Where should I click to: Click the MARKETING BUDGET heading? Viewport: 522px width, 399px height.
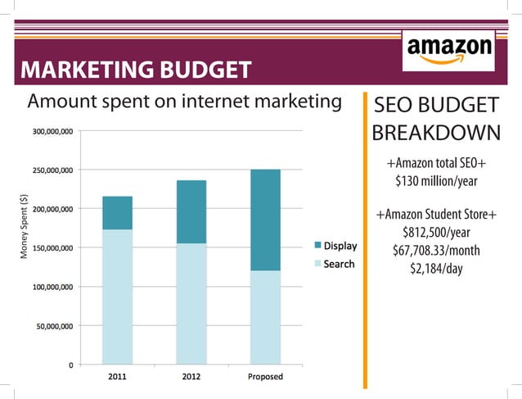135,70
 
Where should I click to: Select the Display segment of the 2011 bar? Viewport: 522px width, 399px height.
117,213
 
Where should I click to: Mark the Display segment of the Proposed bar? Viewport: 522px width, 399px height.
264,220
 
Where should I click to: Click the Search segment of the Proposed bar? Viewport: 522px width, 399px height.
264,317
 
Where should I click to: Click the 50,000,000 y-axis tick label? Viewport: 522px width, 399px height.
55,326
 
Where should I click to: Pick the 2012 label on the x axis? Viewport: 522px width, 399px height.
191,377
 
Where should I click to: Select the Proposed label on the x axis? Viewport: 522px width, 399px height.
264,377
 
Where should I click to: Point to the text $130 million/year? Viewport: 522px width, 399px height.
436,180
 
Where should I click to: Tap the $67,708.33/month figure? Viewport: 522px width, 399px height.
436,250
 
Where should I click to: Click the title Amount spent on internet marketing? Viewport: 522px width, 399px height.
184,102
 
